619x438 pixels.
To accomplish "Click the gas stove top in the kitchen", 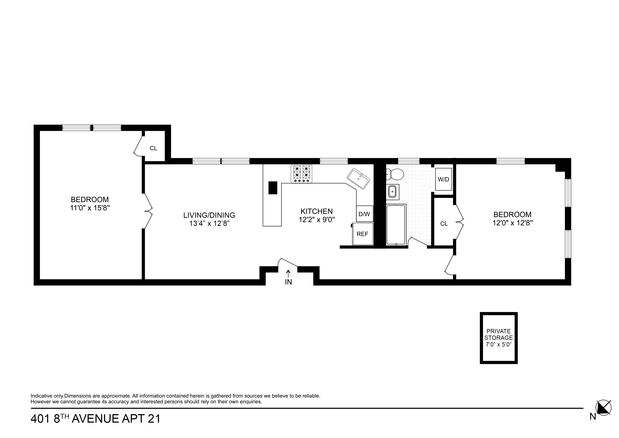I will tap(301, 174).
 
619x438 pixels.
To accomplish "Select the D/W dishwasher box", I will tap(365, 214).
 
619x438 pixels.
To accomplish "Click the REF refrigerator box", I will tap(363, 234).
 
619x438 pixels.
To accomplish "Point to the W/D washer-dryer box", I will tap(443, 179).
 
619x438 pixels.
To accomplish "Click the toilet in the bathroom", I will tap(395, 174).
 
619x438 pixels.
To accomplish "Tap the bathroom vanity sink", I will tap(392, 192).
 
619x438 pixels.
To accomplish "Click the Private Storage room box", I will tap(498, 338).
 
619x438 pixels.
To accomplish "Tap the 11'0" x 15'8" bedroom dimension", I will tap(90, 208).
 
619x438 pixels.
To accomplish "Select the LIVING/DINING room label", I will tap(209, 215).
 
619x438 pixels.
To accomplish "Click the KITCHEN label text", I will tap(317, 211).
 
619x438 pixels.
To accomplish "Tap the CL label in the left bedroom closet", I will tap(153, 148).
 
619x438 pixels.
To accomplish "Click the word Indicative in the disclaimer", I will tap(41, 396).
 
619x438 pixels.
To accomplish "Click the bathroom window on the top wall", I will tap(409, 161).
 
